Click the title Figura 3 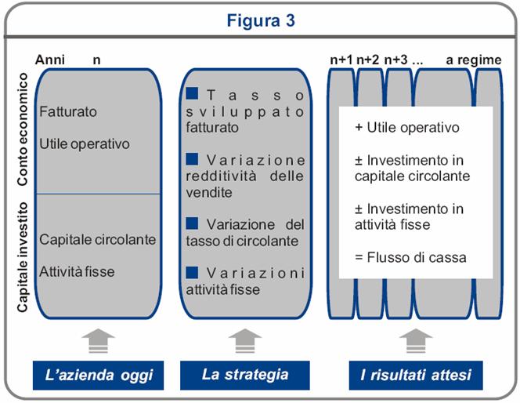261,20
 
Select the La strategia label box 245,375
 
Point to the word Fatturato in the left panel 68,112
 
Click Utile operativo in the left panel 84,144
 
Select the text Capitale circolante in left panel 98,239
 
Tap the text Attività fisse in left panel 77,272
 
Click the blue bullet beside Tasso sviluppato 192,93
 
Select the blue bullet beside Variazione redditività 192,159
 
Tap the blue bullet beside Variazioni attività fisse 192,272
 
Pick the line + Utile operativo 406,127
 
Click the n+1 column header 341,60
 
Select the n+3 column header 397,60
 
